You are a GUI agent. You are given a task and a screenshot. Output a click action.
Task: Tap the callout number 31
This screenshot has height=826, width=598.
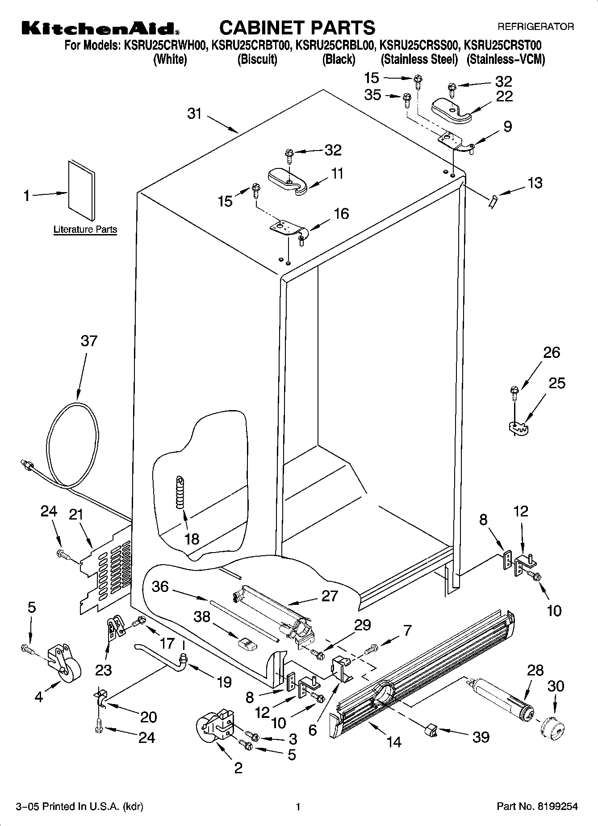[195, 114]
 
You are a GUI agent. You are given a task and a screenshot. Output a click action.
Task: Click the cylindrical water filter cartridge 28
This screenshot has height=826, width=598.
[501, 703]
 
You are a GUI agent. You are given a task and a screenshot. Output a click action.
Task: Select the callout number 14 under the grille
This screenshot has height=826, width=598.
[394, 742]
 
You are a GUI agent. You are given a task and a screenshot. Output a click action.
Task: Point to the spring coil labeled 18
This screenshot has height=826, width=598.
[180, 492]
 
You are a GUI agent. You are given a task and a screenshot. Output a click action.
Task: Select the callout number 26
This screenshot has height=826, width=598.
[551, 352]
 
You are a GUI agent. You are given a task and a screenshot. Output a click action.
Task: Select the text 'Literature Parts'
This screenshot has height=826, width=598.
[85, 230]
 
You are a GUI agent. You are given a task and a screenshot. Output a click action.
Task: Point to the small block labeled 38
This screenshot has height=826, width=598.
[247, 644]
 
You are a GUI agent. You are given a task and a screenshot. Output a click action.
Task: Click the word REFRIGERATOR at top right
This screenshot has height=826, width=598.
[535, 27]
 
